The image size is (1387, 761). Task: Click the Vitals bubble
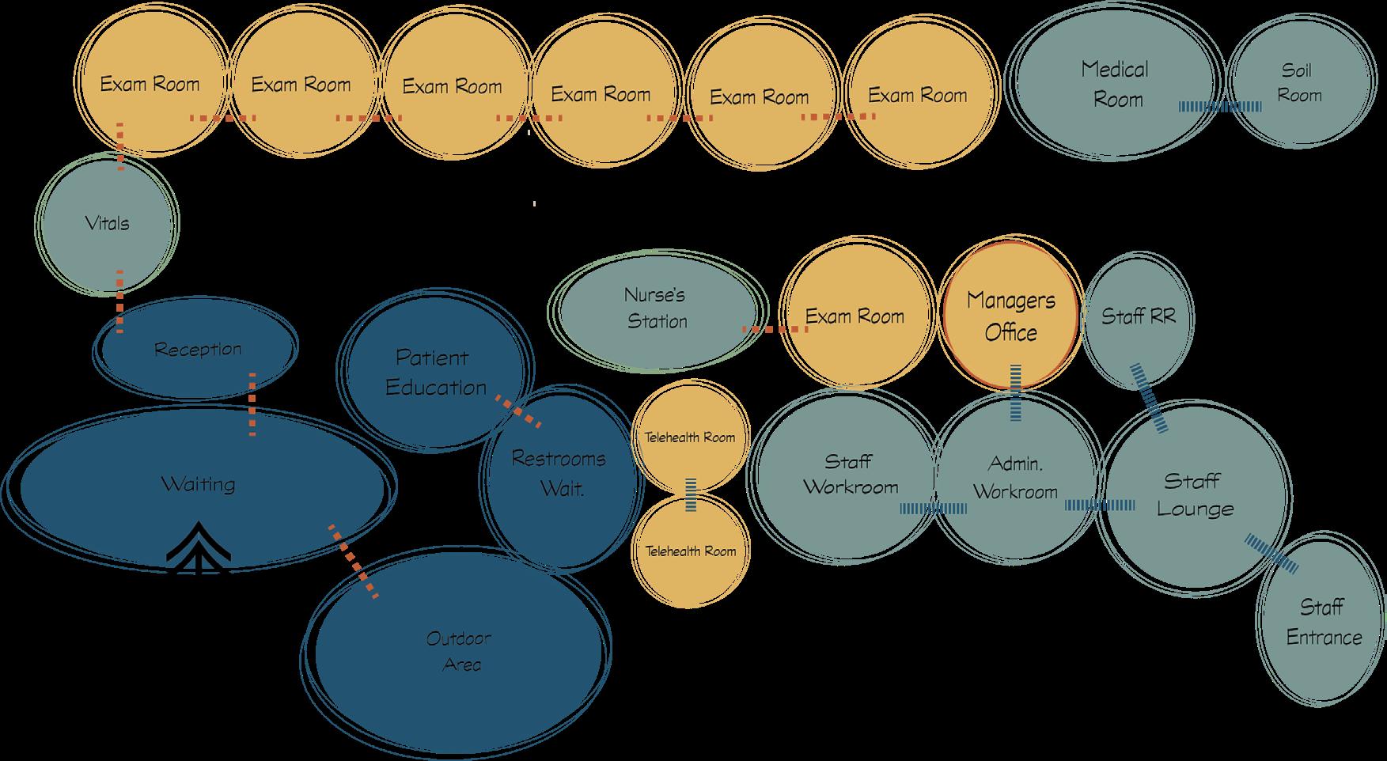[x=107, y=223]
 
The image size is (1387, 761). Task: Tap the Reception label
[x=198, y=349]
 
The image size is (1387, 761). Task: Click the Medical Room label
[x=1116, y=84]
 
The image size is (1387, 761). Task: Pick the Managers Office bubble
[x=1010, y=316]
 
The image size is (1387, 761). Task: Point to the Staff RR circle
[x=1138, y=317]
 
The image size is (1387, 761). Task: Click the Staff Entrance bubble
[x=1323, y=623]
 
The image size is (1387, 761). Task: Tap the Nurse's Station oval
[x=657, y=309]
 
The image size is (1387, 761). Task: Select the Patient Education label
[x=435, y=373]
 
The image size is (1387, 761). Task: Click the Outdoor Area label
[x=459, y=650]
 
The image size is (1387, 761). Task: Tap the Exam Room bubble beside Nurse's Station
[x=855, y=316]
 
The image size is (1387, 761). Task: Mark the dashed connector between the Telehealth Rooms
[x=691, y=495]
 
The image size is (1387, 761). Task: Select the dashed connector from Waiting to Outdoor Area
[x=353, y=560]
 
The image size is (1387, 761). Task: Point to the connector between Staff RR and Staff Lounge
[x=1149, y=398]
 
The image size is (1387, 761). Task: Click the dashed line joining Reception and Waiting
[x=252, y=404]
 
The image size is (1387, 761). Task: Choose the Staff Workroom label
[x=851, y=474]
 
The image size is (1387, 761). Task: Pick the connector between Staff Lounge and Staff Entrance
[x=1271, y=553]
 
